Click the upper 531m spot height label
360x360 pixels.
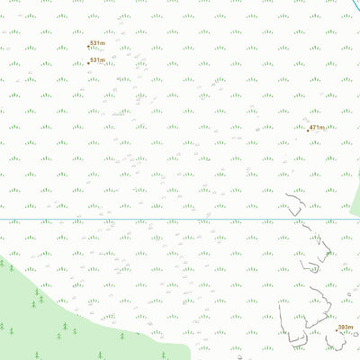coord(97,43)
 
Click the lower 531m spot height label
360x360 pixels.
coord(97,60)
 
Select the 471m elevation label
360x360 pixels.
coord(317,128)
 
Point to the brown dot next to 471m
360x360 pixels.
coord(308,129)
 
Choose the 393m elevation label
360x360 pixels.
coord(346,328)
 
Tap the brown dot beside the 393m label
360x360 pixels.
coord(337,329)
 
